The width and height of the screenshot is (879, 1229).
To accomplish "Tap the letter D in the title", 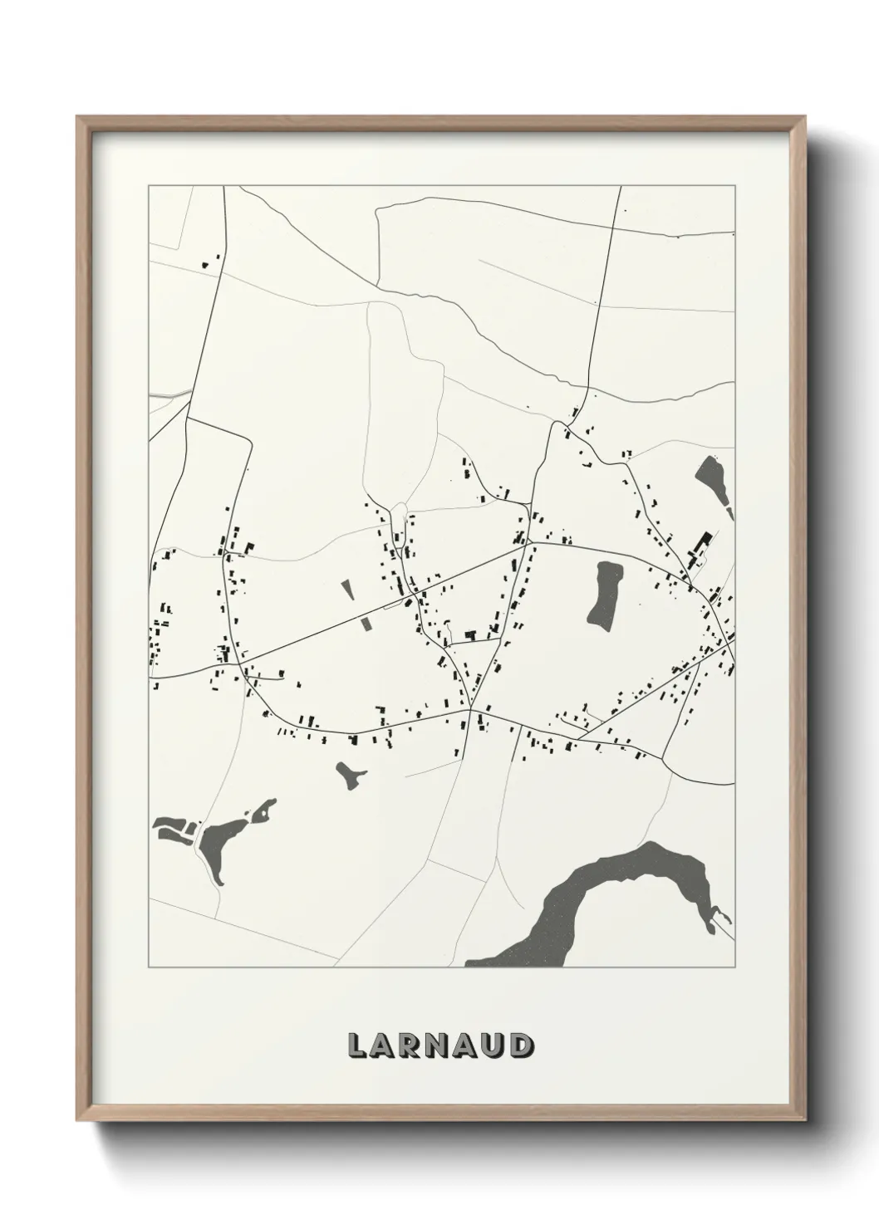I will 521,1045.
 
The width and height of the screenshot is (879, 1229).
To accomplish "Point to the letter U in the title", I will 494,1045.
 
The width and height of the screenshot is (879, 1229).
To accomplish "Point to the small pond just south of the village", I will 351,776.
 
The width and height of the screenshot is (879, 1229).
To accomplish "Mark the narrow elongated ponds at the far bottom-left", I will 173,826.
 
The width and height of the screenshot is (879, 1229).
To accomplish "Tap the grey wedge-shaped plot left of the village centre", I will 347,590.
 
